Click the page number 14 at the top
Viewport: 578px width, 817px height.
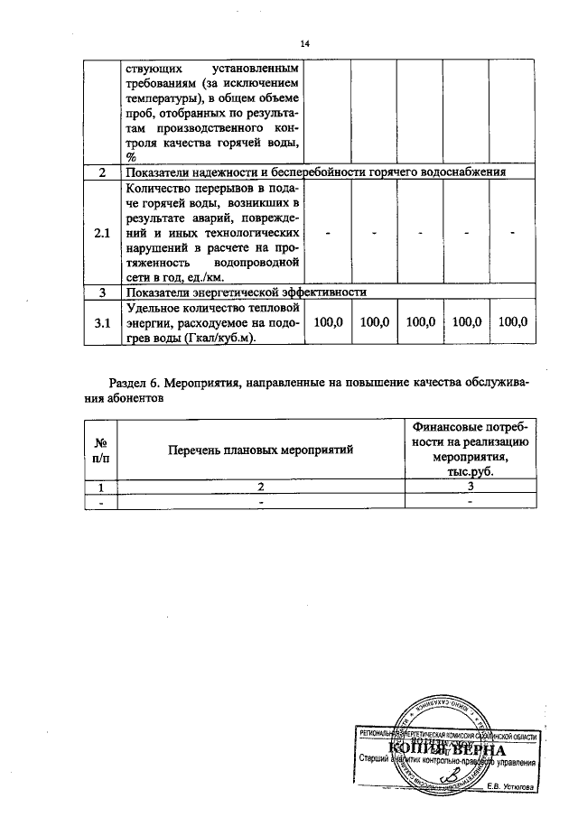point(304,43)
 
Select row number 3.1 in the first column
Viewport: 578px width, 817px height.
point(102,323)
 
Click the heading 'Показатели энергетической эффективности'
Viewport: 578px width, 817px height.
point(246,292)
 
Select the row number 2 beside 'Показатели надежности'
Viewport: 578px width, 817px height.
point(102,172)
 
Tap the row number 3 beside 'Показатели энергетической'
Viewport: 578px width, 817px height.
point(102,292)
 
